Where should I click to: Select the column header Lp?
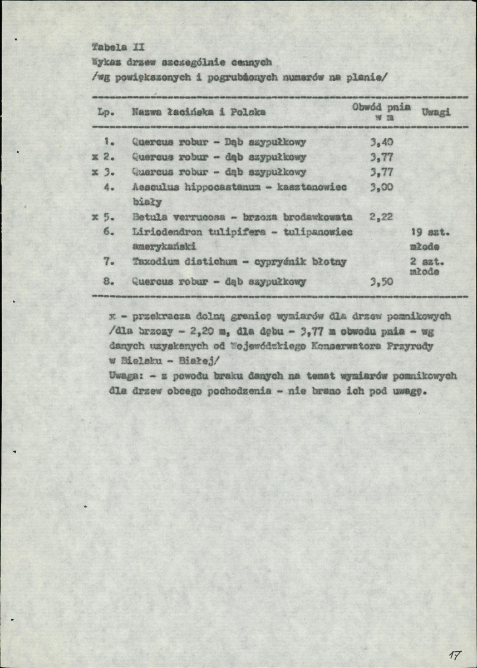click(106, 113)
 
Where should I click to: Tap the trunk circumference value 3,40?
click(382, 142)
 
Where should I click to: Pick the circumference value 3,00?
click(382, 188)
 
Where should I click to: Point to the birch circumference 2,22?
click(381, 216)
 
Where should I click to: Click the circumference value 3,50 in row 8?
click(382, 282)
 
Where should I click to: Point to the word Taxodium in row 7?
click(151, 261)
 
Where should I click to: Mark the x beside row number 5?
click(95, 216)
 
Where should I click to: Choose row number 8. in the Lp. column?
click(109, 281)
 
